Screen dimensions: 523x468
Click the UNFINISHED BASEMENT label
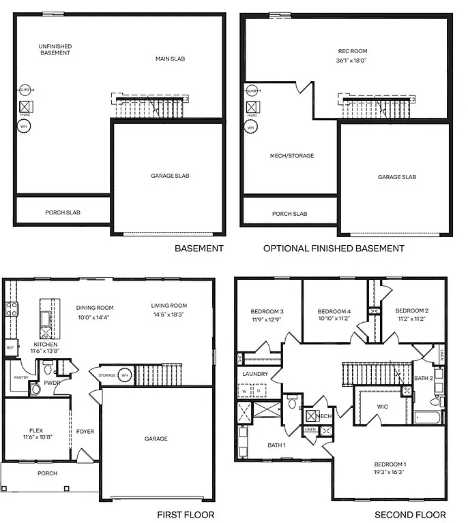pyautogui.click(x=55, y=50)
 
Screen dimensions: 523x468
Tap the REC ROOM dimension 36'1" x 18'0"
pyautogui.click(x=351, y=61)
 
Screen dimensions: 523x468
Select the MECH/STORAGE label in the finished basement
pyautogui.click(x=292, y=156)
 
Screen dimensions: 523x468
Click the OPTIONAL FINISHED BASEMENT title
pyautogui.click(x=334, y=249)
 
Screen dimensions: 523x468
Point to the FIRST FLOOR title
pyautogui.click(x=186, y=515)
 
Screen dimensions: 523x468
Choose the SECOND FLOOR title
pyautogui.click(x=410, y=515)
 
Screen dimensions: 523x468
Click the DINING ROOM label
pyautogui.click(x=94, y=307)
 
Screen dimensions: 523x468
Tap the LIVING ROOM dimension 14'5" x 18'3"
pyautogui.click(x=169, y=315)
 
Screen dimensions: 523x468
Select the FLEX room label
pyautogui.click(x=36, y=431)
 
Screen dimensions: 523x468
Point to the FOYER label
pyautogui.click(x=85, y=432)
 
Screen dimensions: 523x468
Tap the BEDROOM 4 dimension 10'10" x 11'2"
pyautogui.click(x=334, y=318)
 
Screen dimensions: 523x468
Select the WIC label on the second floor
pyautogui.click(x=383, y=407)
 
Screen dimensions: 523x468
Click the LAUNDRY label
pyautogui.click(x=255, y=374)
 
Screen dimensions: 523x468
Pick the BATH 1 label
pyautogui.click(x=276, y=445)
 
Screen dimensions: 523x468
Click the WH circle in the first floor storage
pyautogui.click(x=125, y=375)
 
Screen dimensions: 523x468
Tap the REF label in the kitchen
pyautogui.click(x=10, y=348)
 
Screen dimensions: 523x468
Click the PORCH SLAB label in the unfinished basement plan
pyautogui.click(x=63, y=212)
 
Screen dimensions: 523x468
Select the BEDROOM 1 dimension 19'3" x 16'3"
pyautogui.click(x=390, y=473)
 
